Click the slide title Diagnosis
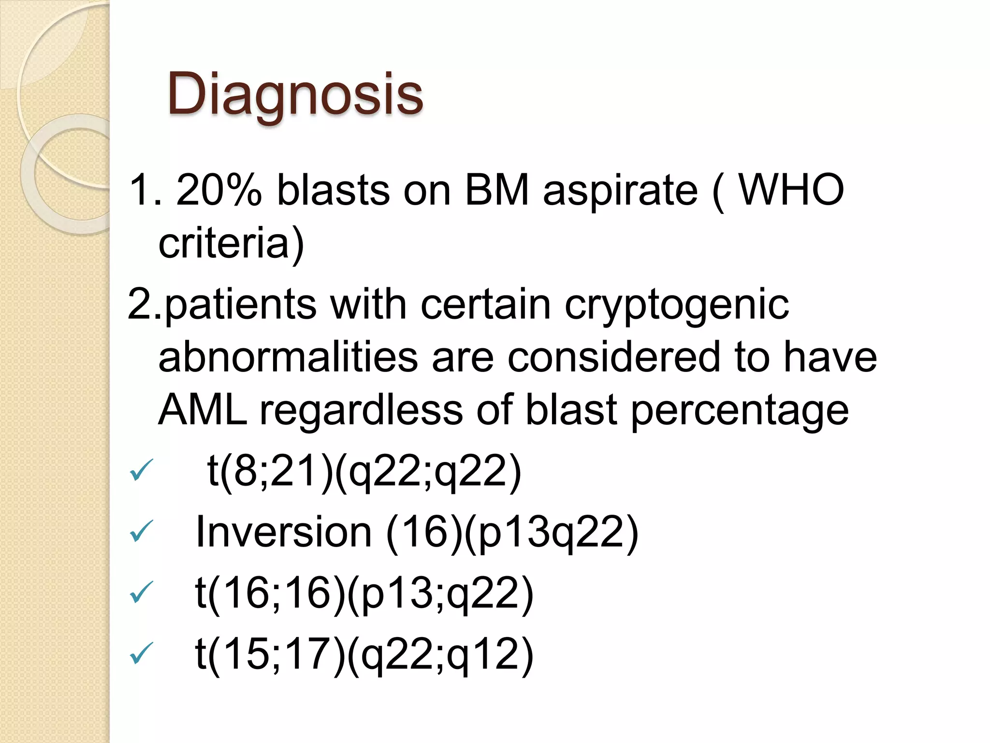click(x=295, y=94)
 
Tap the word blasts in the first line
click(x=333, y=190)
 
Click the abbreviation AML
click(x=203, y=410)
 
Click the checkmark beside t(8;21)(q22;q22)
click(x=141, y=471)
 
